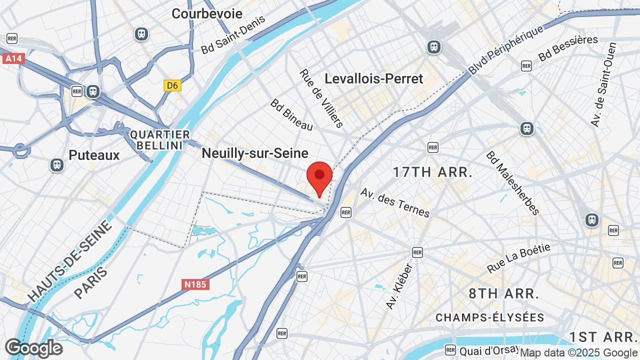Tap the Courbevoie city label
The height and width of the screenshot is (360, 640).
(x=207, y=13)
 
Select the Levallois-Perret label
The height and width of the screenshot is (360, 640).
(x=374, y=78)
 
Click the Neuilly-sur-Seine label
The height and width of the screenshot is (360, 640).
(x=255, y=153)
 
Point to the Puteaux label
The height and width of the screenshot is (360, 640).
(x=94, y=155)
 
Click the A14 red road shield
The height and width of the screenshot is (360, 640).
(x=13, y=58)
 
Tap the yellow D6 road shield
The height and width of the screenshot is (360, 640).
(x=172, y=85)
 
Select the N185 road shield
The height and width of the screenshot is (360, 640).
(x=195, y=284)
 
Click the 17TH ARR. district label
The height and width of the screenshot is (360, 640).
(x=432, y=172)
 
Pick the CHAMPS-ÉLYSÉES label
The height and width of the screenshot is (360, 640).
(x=490, y=317)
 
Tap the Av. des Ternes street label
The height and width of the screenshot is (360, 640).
(x=395, y=202)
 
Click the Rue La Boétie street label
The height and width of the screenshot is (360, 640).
(x=518, y=258)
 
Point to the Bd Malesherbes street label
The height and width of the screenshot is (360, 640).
(x=513, y=183)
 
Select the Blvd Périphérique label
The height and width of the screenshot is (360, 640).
(x=506, y=50)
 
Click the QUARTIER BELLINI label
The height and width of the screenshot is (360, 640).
(x=160, y=140)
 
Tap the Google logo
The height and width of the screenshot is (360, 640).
(x=33, y=348)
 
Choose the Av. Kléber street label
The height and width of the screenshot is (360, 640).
(x=399, y=286)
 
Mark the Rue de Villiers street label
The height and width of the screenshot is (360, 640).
(x=321, y=98)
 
